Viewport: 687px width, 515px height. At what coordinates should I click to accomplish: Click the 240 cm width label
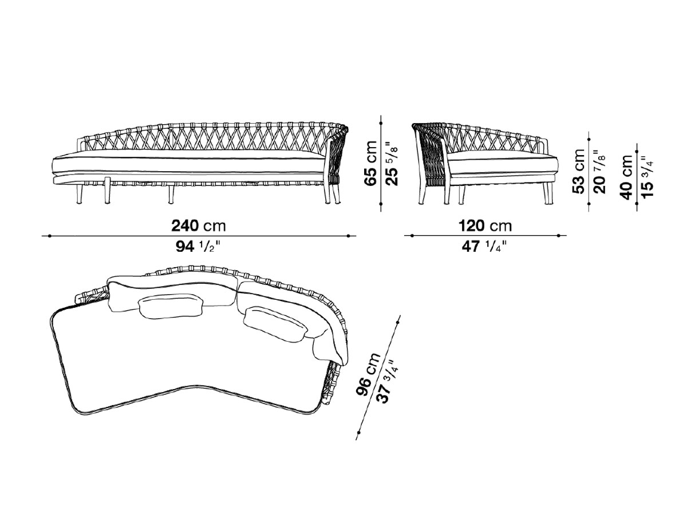click(x=199, y=225)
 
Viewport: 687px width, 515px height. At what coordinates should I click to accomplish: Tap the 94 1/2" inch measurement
click(x=199, y=247)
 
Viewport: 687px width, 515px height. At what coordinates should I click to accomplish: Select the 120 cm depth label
click(x=485, y=225)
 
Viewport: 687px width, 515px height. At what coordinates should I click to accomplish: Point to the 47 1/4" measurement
click(x=484, y=247)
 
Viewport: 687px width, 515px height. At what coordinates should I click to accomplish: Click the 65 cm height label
click(x=371, y=164)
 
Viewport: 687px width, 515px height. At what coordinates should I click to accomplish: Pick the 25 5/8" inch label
click(x=392, y=164)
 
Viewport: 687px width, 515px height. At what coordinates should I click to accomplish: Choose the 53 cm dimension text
click(x=579, y=171)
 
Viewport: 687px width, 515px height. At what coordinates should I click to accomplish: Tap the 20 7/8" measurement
click(x=599, y=171)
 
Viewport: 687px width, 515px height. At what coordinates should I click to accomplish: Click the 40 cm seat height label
click(x=626, y=177)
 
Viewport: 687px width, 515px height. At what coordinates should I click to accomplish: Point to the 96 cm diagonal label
click(x=368, y=374)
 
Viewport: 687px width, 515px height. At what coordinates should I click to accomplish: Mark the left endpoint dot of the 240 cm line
click(x=50, y=236)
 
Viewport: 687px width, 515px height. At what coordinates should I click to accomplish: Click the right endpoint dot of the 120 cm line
click(x=559, y=235)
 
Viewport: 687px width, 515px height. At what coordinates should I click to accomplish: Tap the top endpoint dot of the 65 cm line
click(x=381, y=122)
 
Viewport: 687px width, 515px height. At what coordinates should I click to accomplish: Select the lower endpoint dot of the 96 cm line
click(x=359, y=433)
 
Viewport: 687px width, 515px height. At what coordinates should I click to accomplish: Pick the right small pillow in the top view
click(x=275, y=323)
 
